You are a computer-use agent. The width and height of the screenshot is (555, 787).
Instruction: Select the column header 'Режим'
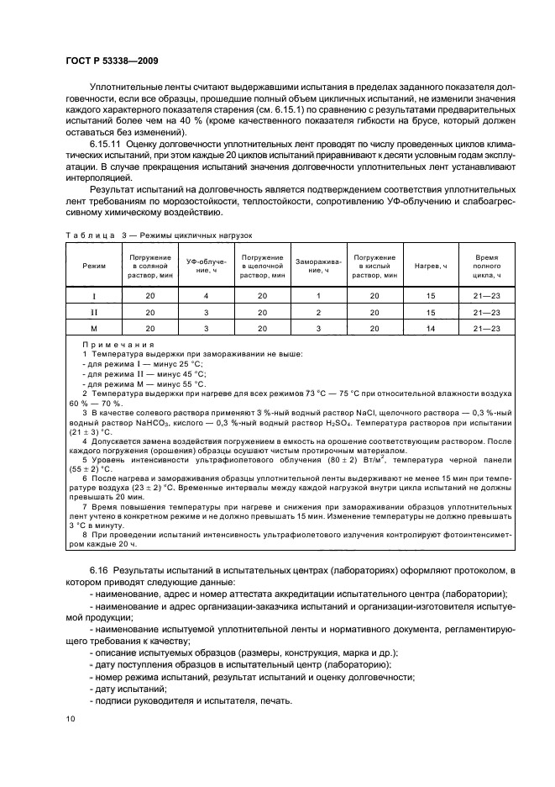pyautogui.click(x=95, y=266)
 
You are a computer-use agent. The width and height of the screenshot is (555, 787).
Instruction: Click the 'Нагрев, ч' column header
pyautogui.click(x=430, y=266)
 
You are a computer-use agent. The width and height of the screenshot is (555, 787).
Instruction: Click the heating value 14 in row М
pyautogui.click(x=430, y=329)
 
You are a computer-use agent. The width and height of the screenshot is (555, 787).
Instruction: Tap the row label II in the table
pyautogui.click(x=95, y=313)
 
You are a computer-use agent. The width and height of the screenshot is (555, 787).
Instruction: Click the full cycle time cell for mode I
pyautogui.click(x=487, y=296)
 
